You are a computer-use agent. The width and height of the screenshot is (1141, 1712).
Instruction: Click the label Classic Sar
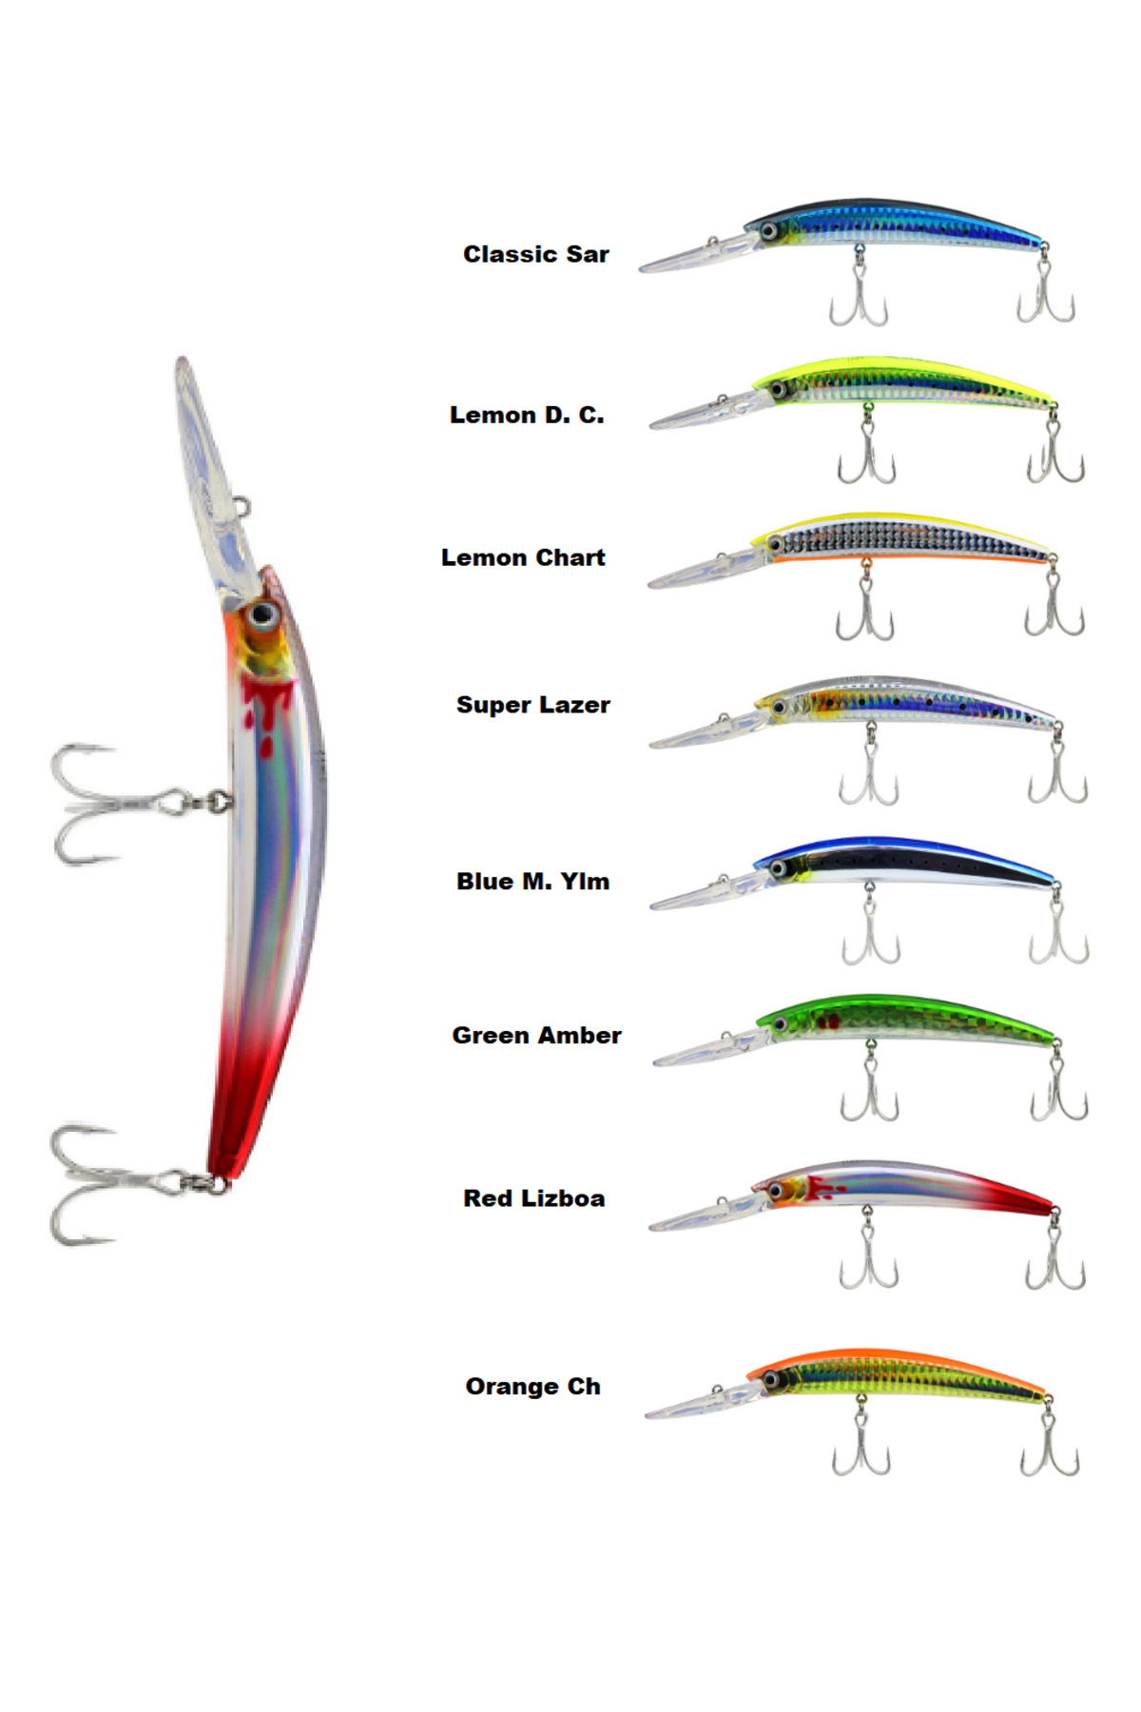[535, 254]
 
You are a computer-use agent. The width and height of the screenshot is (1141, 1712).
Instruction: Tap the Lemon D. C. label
[526, 415]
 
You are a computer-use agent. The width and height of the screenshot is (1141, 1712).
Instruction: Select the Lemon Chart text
[522, 557]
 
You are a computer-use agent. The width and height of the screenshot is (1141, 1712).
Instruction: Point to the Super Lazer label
[532, 705]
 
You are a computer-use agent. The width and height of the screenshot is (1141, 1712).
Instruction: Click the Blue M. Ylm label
[532, 882]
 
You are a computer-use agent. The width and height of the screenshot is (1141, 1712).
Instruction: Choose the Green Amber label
[536, 1035]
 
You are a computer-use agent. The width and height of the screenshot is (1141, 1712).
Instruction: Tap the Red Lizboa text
[533, 1198]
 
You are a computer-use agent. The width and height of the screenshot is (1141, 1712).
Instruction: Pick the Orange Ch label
[532, 1387]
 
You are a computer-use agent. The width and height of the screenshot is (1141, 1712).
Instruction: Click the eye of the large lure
[262, 614]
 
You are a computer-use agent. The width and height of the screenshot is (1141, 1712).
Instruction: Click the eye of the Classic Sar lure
[767, 231]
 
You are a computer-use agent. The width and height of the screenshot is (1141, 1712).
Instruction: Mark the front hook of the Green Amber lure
[869, 1089]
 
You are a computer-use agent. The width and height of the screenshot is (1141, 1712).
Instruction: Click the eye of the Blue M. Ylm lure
[779, 868]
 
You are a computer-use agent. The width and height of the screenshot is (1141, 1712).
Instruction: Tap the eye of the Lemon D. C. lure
[778, 389]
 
